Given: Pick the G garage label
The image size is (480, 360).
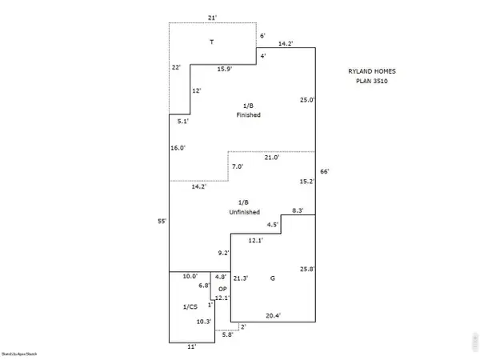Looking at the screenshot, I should pyautogui.click(x=273, y=278).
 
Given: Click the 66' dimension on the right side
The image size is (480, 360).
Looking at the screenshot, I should pyautogui.click(x=324, y=172).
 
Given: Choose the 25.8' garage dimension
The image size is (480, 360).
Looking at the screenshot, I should pyautogui.click(x=307, y=269).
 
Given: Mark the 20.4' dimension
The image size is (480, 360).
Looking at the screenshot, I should pyautogui.click(x=274, y=315).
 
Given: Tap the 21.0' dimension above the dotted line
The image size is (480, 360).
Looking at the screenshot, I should pyautogui.click(x=271, y=158).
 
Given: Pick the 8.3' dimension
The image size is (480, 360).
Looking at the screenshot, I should pyautogui.click(x=298, y=210).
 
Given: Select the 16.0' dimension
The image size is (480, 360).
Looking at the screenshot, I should pyautogui.click(x=178, y=148).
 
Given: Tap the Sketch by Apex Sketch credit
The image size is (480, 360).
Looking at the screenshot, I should pyautogui.click(x=19, y=353).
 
